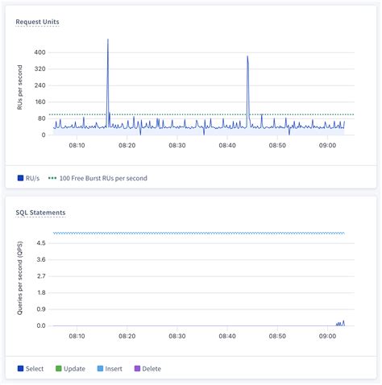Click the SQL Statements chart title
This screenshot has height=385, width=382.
click(40, 213)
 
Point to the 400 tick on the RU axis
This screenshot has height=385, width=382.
click(39, 52)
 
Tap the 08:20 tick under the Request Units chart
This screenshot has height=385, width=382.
click(127, 145)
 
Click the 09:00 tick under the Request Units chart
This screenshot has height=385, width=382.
click(327, 145)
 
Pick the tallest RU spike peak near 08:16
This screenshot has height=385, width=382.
click(108, 39)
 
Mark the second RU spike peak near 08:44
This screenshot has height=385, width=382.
click(247, 56)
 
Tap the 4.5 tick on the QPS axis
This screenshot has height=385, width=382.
click(39, 243)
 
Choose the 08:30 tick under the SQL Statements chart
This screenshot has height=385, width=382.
click(177, 336)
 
